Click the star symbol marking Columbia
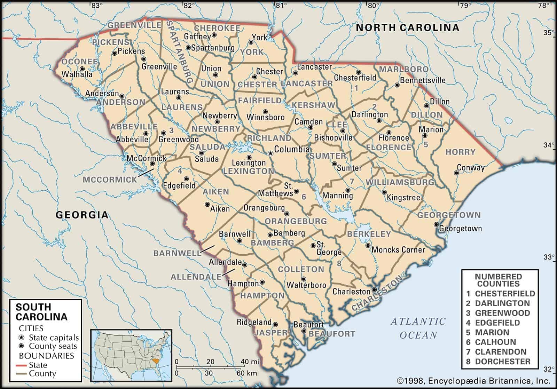click(x=270, y=153)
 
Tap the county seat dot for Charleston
click(x=374, y=289)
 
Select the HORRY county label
click(x=460, y=152)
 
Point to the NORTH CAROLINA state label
click(x=407, y=28)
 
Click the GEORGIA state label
click(x=82, y=215)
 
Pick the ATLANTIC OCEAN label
click(x=418, y=328)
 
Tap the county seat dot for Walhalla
click(x=82, y=69)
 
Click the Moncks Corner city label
click(x=398, y=250)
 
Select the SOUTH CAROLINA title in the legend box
click(x=41, y=312)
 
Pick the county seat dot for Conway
click(x=456, y=173)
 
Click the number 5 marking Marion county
click(x=425, y=144)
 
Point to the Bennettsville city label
click(x=423, y=80)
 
